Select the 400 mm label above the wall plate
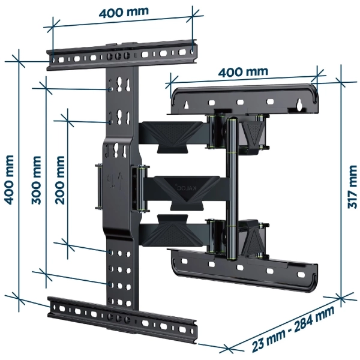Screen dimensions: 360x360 pos(242,72)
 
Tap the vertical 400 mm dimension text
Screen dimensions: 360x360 pos(8,177)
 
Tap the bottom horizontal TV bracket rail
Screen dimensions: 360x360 pos(123,315)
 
